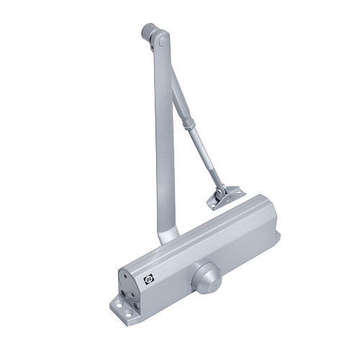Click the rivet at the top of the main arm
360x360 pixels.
pyautogui.click(x=163, y=44)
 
